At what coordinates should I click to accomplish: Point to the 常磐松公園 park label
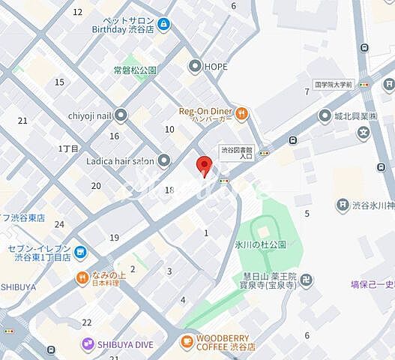click(x=134, y=70)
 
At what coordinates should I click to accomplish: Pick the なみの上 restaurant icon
click(x=82, y=278)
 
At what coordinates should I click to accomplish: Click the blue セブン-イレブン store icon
click(x=80, y=253)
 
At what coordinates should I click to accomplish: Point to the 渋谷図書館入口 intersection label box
click(x=237, y=152)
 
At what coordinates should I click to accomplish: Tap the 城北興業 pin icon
click(x=325, y=115)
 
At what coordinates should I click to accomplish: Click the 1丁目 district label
click(x=68, y=148)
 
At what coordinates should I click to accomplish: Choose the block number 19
click(x=114, y=238)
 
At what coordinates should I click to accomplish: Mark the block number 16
click(x=114, y=136)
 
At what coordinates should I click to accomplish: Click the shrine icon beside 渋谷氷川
click(x=342, y=205)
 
